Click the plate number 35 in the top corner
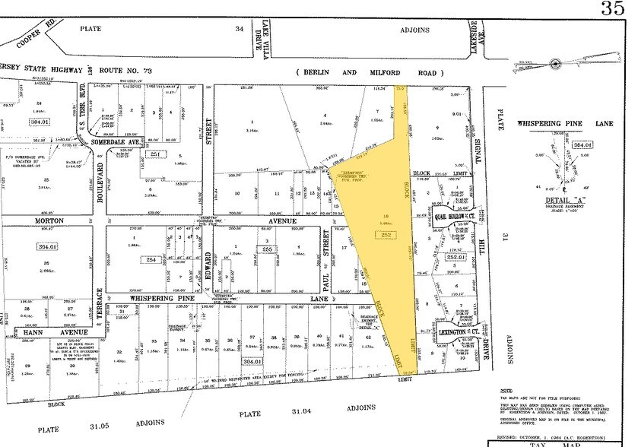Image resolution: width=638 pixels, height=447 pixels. [x=613, y=8]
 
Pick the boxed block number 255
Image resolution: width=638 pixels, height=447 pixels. [x=267, y=249]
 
